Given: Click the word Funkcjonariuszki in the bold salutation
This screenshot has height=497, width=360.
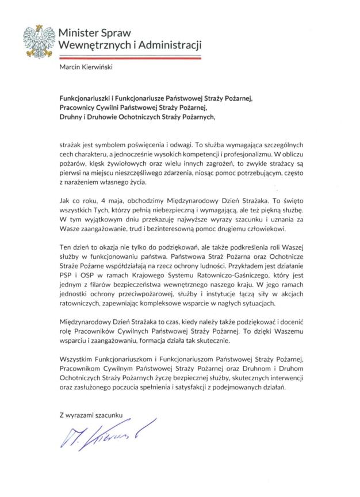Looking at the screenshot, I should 88,99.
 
